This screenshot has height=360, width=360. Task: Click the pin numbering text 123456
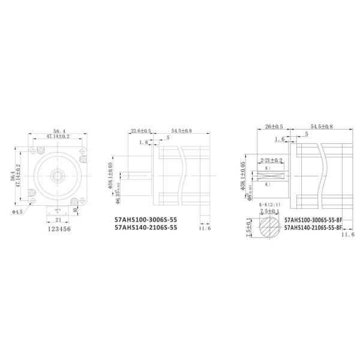point(58,229)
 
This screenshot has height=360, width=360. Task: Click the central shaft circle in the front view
point(58,175)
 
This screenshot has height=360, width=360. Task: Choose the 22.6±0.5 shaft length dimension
point(142,130)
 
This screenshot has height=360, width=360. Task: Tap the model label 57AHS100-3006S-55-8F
point(313,220)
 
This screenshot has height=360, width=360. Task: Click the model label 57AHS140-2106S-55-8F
point(313,228)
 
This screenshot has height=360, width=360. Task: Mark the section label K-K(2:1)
point(270,205)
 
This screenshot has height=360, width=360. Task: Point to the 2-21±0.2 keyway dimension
point(272,160)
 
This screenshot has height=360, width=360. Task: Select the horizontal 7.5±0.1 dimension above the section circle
point(270,212)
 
